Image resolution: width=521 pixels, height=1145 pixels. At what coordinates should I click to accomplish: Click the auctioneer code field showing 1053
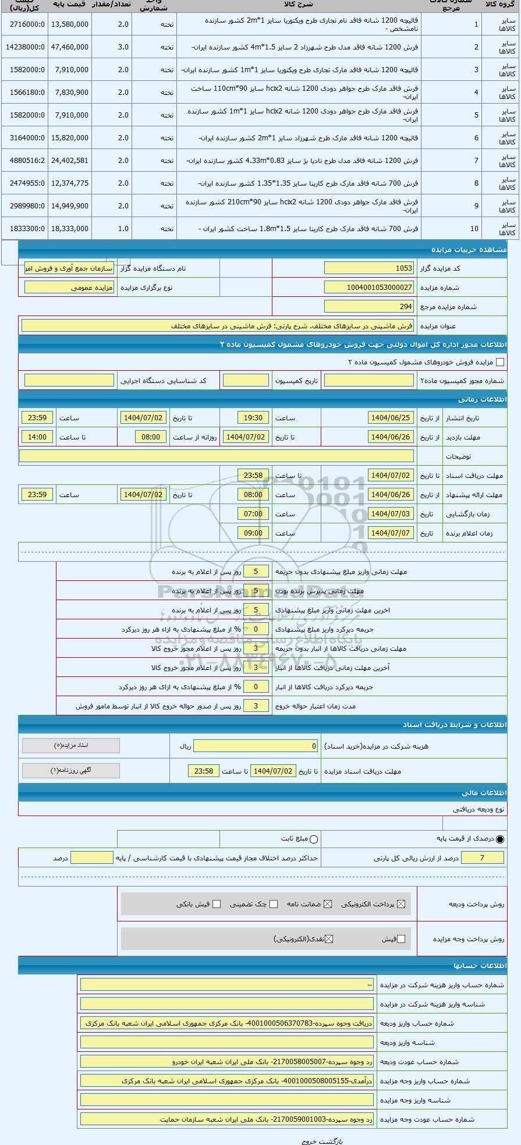pos(369,268)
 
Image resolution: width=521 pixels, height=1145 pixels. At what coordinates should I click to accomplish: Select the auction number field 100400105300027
pos(369,288)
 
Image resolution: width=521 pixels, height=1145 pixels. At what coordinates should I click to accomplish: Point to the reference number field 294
pos(369,306)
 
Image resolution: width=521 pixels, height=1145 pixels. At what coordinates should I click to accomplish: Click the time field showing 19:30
pos(253,418)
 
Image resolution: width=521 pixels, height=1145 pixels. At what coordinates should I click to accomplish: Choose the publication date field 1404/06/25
pos(391,418)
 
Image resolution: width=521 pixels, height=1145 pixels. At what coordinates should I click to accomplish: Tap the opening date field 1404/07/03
pos(391,514)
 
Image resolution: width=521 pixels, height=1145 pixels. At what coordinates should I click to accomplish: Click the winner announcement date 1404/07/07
pos(391,533)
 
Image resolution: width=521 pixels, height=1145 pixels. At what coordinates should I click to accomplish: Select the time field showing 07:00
pos(253,514)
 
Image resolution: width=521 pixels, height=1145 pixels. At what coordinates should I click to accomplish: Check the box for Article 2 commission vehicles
pos(499,362)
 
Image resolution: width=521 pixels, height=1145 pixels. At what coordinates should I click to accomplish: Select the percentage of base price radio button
pos(500,839)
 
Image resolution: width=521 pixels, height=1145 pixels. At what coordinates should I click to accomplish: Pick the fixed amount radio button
pos(314,839)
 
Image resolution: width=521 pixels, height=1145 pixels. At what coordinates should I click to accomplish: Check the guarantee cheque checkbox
pos(274,904)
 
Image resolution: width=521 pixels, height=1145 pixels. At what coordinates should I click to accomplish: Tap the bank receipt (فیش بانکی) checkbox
pos(217,904)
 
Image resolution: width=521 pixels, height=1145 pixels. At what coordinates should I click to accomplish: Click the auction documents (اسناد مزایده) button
pos(71,746)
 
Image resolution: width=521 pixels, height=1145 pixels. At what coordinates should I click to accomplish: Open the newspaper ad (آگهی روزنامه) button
pos(71,771)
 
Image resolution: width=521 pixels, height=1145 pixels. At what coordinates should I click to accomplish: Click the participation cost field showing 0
pos(256,746)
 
